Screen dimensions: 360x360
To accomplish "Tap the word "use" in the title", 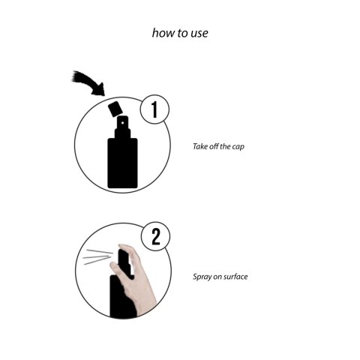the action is coord(199,34).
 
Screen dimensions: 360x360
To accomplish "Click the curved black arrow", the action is coord(88,83).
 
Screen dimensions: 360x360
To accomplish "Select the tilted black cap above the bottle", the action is coord(115,109).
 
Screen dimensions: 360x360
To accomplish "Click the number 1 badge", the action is coord(154,109).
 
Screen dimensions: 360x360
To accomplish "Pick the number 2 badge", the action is coord(156,236).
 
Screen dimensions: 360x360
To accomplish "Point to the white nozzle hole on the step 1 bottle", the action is coord(122,123).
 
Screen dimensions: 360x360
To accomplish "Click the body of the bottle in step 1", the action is coord(122,163).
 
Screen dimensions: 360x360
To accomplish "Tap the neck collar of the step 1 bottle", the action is coord(122,133).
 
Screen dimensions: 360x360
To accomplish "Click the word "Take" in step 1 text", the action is coord(200,146).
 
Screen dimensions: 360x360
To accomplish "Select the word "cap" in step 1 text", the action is coord(238,147).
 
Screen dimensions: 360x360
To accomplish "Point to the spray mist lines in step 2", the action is coord(98,256).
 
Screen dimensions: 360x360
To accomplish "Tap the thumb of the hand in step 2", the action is coord(115,270).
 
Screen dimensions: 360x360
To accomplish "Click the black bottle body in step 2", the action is coord(121,296).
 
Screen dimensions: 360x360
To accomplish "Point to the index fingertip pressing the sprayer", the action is coord(123,247).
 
